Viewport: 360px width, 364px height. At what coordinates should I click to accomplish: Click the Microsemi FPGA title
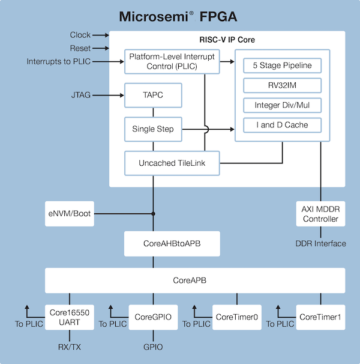point(180,16)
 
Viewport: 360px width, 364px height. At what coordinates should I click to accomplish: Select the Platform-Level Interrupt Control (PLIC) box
point(171,61)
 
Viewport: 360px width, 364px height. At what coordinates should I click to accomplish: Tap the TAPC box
point(153,95)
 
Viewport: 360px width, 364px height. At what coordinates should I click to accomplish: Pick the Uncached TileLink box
point(171,163)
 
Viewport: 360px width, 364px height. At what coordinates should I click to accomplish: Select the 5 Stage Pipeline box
point(283,65)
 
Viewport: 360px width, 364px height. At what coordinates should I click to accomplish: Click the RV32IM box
point(283,85)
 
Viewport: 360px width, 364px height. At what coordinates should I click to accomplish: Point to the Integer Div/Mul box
point(283,105)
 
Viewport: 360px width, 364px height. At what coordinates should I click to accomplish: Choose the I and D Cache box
point(283,126)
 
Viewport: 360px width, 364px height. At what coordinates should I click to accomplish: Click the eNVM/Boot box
point(70,213)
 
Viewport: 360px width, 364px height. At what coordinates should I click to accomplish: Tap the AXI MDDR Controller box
point(321,214)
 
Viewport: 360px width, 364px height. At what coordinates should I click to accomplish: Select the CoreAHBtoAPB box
point(171,244)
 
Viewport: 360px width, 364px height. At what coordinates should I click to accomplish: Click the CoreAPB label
point(195,281)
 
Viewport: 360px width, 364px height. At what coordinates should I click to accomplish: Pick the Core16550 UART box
point(70,317)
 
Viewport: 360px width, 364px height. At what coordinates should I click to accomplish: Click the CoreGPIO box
point(154,317)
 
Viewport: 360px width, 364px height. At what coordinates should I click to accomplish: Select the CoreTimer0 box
point(237,317)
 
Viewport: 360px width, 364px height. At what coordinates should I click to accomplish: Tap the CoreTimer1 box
point(321,317)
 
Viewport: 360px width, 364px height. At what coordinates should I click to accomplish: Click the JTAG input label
point(81,95)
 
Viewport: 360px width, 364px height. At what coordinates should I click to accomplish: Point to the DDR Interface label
point(321,243)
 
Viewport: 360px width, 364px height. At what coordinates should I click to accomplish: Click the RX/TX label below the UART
point(70,347)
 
